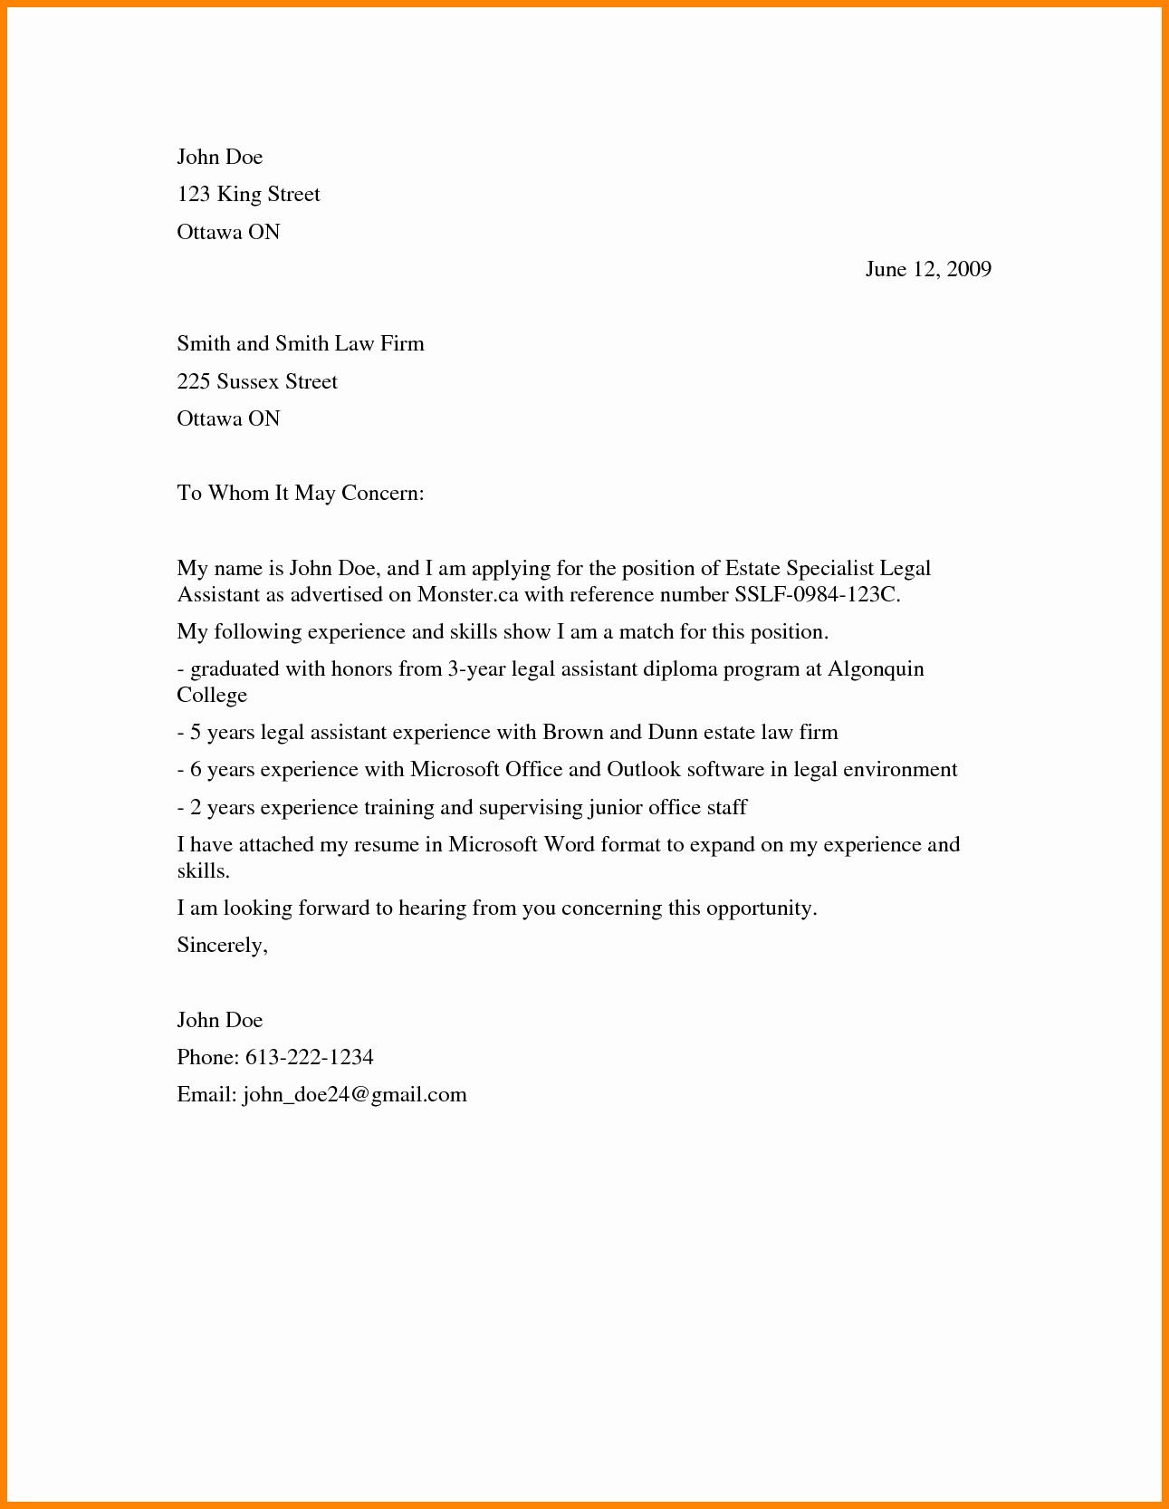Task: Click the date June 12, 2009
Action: tap(928, 269)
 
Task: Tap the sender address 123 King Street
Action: tap(248, 195)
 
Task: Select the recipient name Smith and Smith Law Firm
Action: tap(300, 344)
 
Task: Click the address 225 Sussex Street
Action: tap(256, 381)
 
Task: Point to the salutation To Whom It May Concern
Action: tap(300, 494)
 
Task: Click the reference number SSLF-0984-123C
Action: tap(816, 595)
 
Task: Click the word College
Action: tap(212, 696)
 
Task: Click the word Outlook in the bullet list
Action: tap(643, 770)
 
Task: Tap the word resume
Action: tap(385, 845)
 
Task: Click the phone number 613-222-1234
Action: tap(309, 1058)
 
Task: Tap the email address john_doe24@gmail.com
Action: tap(354, 1095)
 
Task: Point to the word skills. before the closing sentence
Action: tap(203, 871)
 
